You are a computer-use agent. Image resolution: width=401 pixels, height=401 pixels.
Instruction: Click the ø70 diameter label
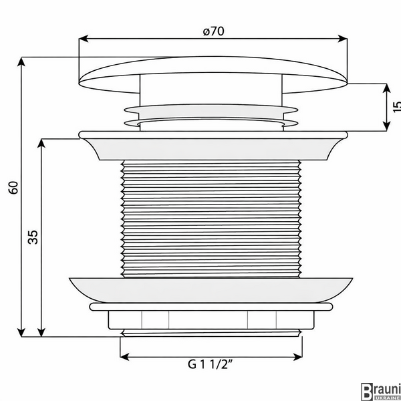[x=214, y=31]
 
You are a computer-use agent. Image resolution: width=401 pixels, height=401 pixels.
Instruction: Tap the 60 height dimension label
[x=13, y=188]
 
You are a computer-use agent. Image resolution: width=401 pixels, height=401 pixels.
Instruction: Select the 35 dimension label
[x=33, y=237]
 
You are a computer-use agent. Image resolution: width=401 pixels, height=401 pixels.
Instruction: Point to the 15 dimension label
[x=396, y=107]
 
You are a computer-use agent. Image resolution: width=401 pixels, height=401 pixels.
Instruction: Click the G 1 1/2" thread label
[x=211, y=364]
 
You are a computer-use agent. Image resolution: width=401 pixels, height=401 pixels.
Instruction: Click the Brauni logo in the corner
[x=381, y=391]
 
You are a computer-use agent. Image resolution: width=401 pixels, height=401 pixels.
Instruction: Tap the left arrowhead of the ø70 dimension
[x=84, y=39]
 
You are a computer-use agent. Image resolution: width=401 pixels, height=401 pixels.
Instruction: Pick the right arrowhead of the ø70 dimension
[x=342, y=39]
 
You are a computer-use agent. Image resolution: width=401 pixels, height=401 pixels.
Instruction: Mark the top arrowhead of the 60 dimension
[x=21, y=61]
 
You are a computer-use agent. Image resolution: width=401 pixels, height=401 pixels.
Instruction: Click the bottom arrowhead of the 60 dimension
[x=21, y=332]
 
